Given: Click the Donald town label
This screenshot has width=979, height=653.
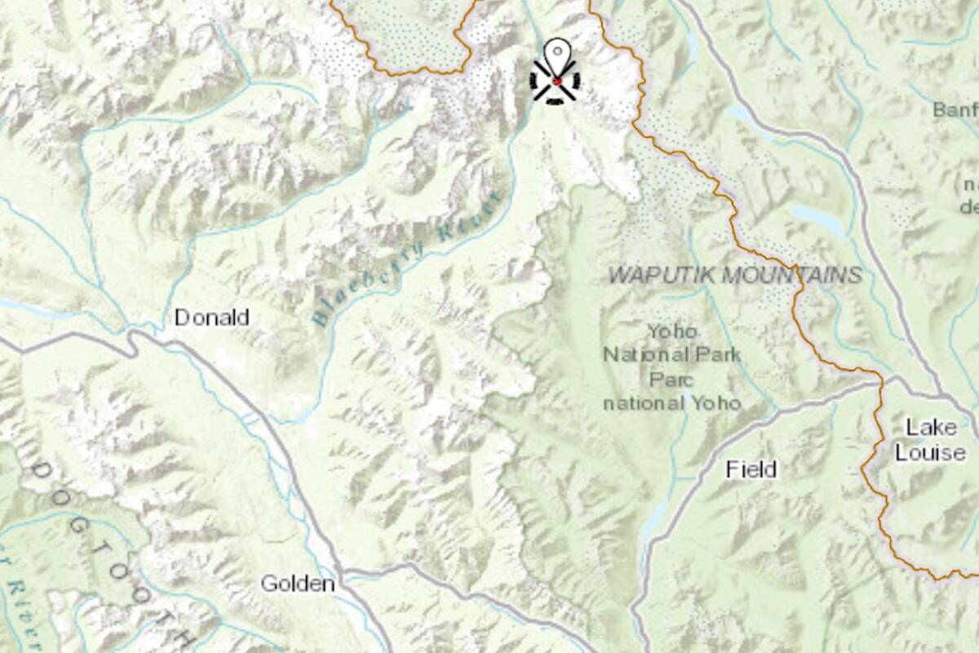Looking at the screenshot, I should click(x=212, y=318).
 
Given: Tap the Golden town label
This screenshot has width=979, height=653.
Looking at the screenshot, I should click(x=298, y=584).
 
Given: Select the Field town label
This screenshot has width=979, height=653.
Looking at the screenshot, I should click(x=751, y=469).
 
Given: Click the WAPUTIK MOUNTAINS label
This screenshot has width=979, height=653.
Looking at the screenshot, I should click(x=735, y=275).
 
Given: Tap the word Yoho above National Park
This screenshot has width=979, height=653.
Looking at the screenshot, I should click(x=672, y=331).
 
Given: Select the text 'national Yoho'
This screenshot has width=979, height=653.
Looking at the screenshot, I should click(x=672, y=402).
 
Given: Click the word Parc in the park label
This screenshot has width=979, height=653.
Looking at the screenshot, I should click(x=671, y=380).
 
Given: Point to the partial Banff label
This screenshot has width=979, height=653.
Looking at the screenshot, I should click(x=955, y=109).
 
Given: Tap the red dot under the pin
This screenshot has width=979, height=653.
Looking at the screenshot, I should click(x=556, y=81).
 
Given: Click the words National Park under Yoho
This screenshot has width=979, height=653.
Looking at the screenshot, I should click(x=672, y=355).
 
